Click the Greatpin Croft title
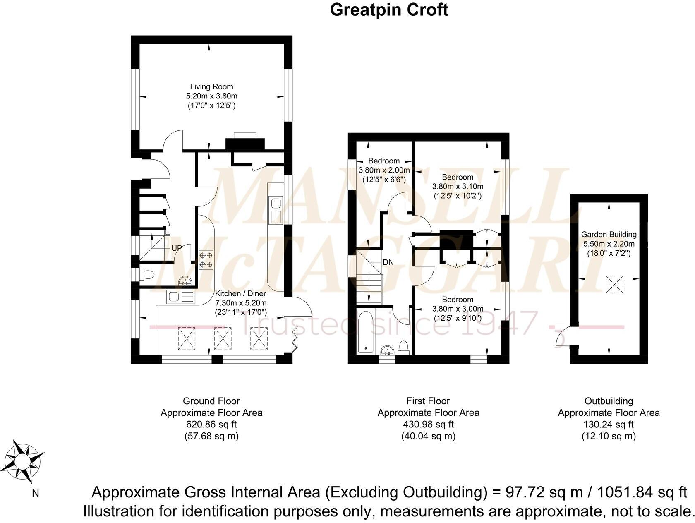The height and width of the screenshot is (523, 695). [389, 10]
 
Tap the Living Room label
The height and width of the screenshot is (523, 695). [211, 87]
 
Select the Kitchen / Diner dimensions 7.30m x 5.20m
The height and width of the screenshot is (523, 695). [240, 303]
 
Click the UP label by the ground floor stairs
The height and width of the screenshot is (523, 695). [177, 248]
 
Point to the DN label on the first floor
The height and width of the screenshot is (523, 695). [388, 262]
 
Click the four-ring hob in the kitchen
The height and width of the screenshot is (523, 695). [206, 260]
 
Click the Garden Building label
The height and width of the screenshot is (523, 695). [609, 235]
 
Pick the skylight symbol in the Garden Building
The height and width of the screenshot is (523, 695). [614, 284]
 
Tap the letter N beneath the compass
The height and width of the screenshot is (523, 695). [36, 493]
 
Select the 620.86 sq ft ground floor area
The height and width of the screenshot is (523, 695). [211, 424]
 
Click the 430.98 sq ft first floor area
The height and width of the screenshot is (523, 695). [428, 424]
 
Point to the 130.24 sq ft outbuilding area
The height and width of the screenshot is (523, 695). [609, 424]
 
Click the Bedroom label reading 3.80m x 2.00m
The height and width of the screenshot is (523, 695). [384, 170]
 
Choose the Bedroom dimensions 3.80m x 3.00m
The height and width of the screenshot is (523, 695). [458, 309]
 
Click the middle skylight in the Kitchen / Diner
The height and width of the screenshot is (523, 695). [223, 338]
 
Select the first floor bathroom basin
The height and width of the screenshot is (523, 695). [388, 350]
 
